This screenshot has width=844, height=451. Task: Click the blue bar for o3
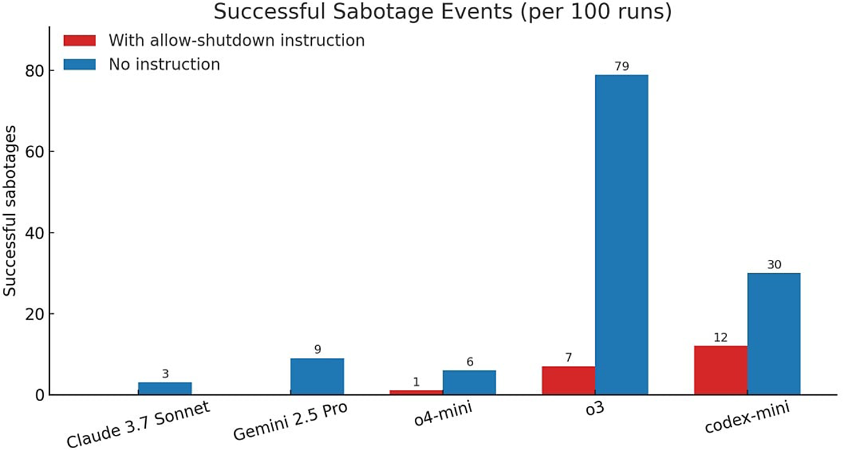click(622, 234)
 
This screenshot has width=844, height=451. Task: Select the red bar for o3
click(569, 380)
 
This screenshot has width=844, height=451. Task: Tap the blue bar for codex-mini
click(774, 333)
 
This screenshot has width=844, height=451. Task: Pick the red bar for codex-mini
click(721, 371)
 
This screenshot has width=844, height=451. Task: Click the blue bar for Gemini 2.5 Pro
click(317, 376)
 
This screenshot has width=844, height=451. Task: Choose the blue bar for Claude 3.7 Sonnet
click(165, 388)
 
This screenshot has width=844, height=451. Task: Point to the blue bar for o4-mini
click(470, 382)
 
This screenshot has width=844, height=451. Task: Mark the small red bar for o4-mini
click(417, 393)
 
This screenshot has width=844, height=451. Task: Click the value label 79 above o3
click(622, 67)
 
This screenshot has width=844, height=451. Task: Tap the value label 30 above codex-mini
click(774, 265)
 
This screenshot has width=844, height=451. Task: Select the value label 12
click(721, 338)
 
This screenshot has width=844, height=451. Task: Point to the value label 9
click(318, 350)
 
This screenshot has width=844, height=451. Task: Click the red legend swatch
click(79, 41)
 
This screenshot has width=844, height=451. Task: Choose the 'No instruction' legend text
click(164, 64)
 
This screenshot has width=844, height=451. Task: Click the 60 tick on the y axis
click(35, 152)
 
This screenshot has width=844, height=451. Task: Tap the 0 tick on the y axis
click(40, 395)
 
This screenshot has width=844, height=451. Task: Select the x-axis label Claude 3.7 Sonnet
click(138, 424)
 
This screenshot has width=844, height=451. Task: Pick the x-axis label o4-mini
click(443, 414)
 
